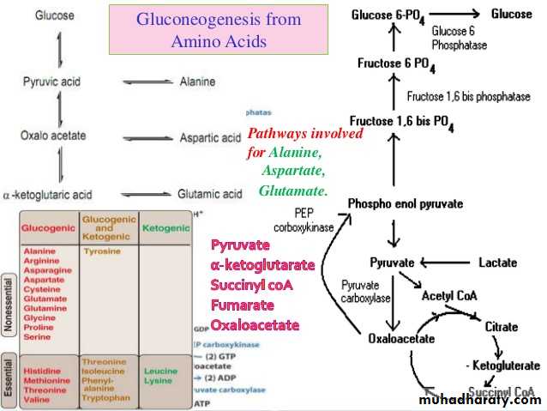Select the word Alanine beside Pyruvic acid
coord(197,82)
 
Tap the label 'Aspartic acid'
coord(210,137)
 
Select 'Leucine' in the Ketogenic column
coord(160,361)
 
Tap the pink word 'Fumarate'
coord(241,305)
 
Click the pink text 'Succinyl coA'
coord(251,285)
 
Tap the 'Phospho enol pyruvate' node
coord(405,203)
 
